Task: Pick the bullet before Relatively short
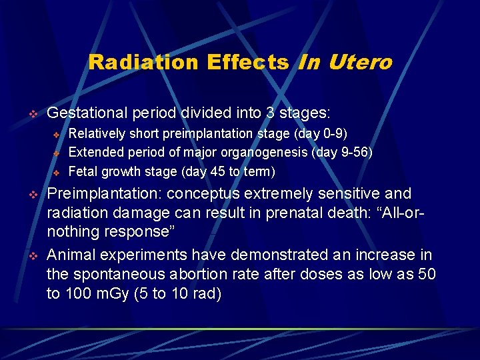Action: click(57, 134)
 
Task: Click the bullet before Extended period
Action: click(57, 153)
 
